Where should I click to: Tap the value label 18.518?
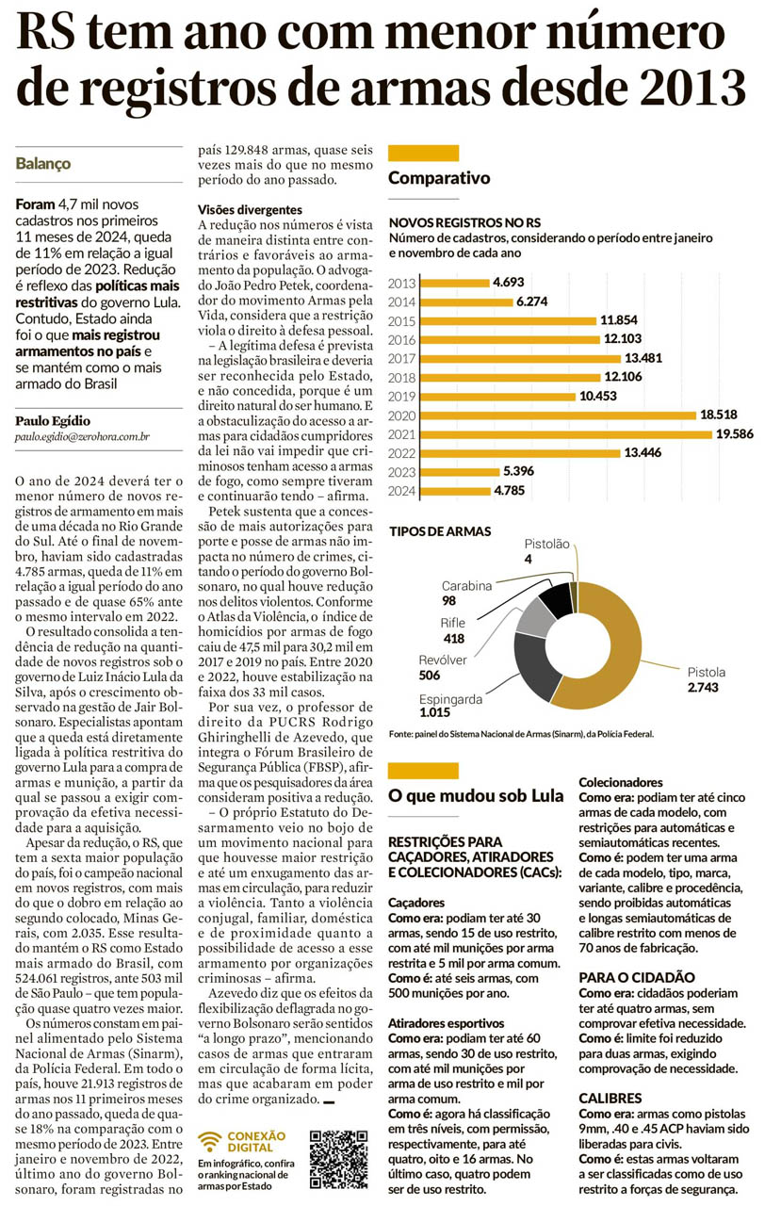tap(717, 415)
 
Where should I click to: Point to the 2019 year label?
tap(402, 396)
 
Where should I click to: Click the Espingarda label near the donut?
tap(451, 700)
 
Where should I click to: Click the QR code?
tap(338, 1159)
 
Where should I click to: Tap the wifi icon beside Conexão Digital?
tap(213, 1140)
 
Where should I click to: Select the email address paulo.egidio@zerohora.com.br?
tap(84, 438)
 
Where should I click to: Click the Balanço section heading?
tap(43, 163)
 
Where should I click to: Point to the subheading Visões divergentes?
tap(250, 209)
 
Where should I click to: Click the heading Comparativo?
tap(439, 178)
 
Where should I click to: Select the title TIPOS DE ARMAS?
tap(440, 531)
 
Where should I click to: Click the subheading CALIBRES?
tap(610, 1099)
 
